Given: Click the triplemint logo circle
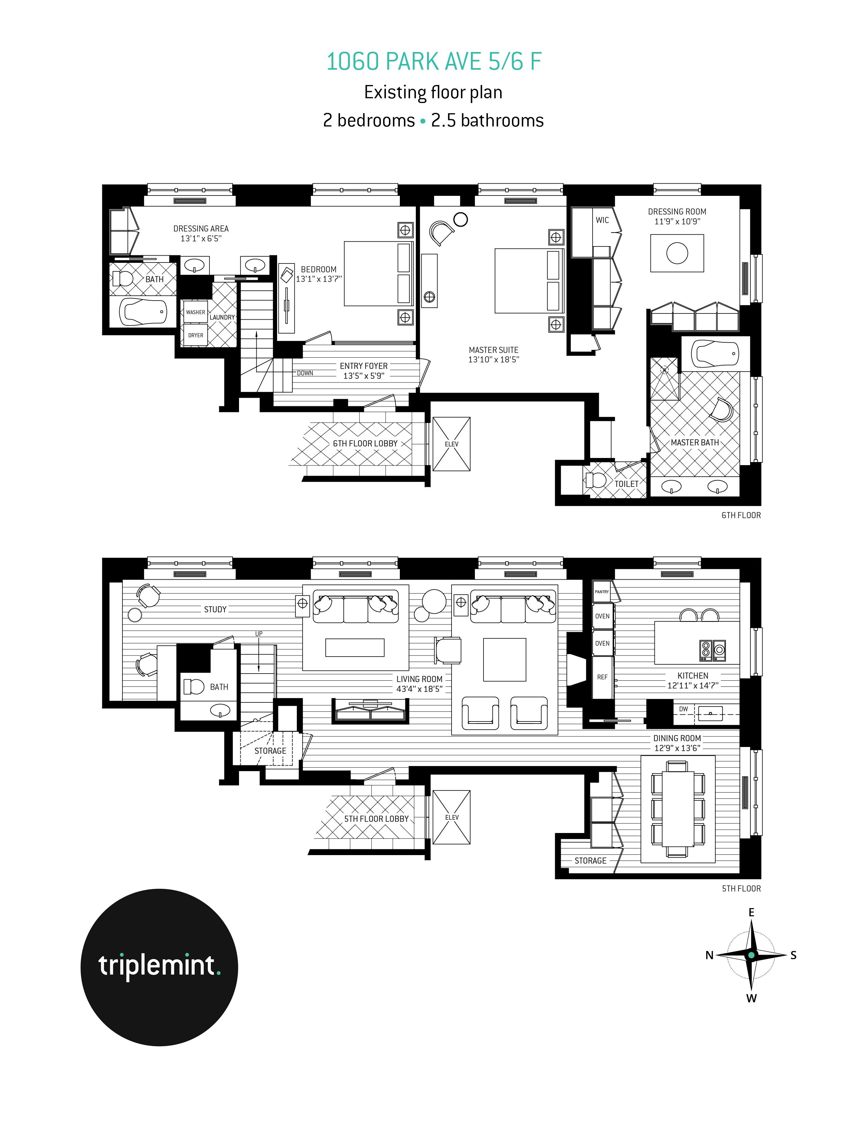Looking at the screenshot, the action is pyautogui.click(x=159, y=967).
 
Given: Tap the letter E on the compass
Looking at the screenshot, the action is pyautogui.click(x=751, y=913).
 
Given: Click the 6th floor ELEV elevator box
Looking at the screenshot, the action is pyautogui.click(x=452, y=444).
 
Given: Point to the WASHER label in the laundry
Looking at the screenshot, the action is pyautogui.click(x=195, y=312).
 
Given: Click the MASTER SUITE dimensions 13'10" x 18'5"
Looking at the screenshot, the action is pyautogui.click(x=494, y=360).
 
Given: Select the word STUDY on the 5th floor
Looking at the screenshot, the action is pyautogui.click(x=215, y=609).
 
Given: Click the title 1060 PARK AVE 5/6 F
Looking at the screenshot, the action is pyautogui.click(x=434, y=62).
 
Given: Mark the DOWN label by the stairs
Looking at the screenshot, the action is pyautogui.click(x=305, y=373).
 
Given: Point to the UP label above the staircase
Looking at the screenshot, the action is pyautogui.click(x=259, y=633).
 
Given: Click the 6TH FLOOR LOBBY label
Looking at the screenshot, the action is pyautogui.click(x=365, y=443).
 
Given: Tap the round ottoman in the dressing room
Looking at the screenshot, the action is pyautogui.click(x=677, y=253).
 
